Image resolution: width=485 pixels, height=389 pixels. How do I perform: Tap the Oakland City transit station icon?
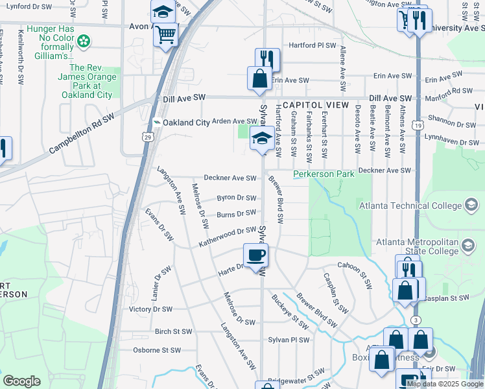[x=156, y=122]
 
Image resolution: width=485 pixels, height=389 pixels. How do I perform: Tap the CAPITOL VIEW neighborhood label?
[x=315, y=105]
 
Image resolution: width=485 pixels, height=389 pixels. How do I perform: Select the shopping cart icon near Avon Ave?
[x=166, y=33]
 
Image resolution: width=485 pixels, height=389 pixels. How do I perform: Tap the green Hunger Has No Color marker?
[x=84, y=42]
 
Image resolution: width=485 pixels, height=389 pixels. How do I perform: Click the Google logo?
[x=21, y=381]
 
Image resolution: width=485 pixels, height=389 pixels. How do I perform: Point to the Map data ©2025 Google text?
[x=445, y=383]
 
